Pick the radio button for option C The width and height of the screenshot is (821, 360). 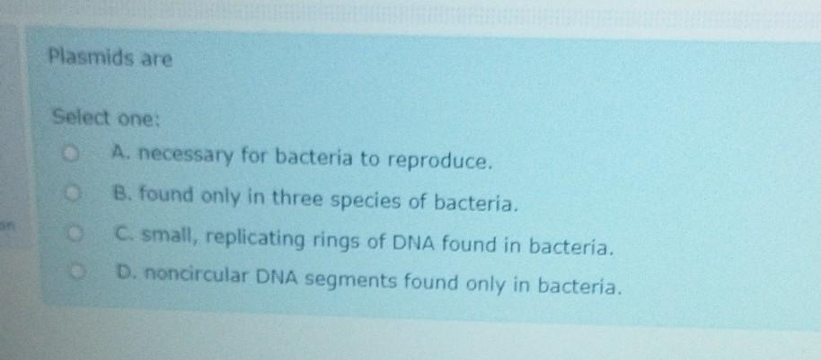76,233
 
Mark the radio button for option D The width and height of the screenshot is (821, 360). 78,271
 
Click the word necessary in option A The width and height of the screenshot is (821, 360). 185,155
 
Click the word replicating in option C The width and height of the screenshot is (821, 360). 255,240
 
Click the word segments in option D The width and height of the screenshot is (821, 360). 352,282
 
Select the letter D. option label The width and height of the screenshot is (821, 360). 127,272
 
